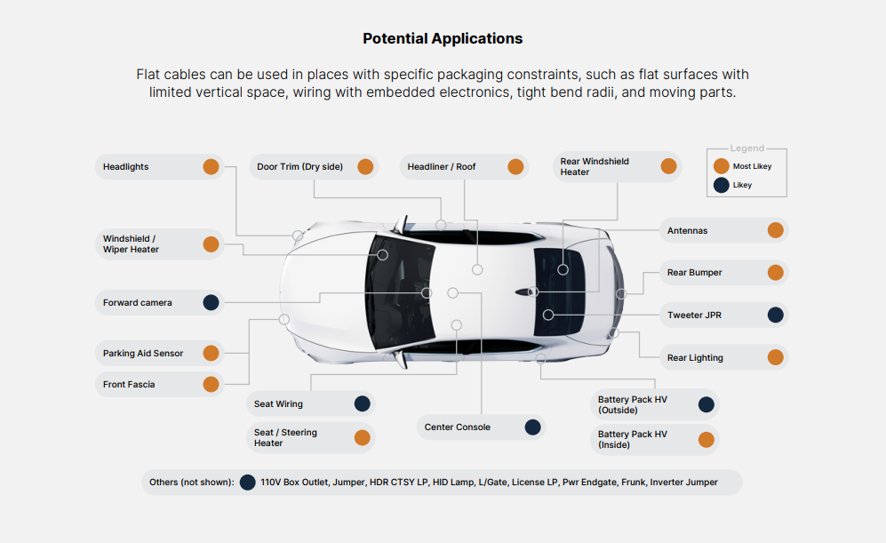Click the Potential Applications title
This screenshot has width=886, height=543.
click(x=443, y=38)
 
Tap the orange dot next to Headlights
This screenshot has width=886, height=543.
click(x=211, y=166)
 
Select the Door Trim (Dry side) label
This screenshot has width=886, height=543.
click(x=299, y=166)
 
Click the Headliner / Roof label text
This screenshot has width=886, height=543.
click(x=442, y=166)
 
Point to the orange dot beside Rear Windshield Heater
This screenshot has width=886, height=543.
click(x=668, y=166)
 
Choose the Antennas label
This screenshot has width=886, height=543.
click(x=688, y=230)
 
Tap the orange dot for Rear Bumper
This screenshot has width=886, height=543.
click(x=775, y=273)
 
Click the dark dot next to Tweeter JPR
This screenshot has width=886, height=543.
click(x=775, y=315)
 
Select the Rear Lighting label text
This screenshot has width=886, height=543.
click(x=695, y=357)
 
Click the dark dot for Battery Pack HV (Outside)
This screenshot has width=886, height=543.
click(x=706, y=404)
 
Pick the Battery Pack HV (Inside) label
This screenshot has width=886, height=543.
click(x=633, y=439)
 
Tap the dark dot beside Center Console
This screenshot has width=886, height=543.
click(x=532, y=427)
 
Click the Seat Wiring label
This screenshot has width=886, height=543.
click(x=278, y=403)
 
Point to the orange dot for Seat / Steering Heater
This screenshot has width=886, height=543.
click(x=362, y=437)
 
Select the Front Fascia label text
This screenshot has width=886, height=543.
click(x=129, y=384)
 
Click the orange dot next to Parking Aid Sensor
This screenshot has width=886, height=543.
click(x=211, y=353)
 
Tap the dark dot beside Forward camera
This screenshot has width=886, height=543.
click(x=211, y=302)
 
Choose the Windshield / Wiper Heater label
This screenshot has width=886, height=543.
click(x=131, y=244)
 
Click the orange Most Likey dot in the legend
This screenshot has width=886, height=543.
click(x=722, y=166)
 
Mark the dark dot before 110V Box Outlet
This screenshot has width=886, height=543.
click(x=248, y=482)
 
